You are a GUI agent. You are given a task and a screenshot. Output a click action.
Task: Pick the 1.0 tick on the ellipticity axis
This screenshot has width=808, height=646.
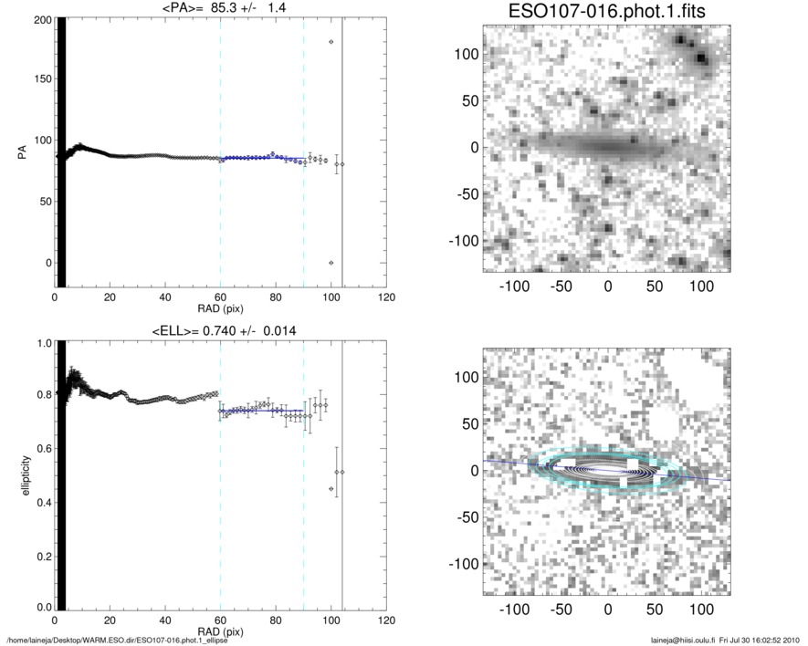click(x=42, y=344)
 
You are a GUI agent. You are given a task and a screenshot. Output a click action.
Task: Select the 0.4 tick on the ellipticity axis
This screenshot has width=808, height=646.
click(x=42, y=502)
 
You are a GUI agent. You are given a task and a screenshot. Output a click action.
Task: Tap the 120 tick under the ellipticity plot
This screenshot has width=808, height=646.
click(x=386, y=621)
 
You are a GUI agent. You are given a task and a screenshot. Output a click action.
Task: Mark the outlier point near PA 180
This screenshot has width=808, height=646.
click(x=331, y=42)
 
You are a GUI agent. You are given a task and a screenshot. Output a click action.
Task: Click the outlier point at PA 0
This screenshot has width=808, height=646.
click(x=331, y=263)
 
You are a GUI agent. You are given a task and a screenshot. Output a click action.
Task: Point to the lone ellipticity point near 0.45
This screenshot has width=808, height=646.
click(x=331, y=489)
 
